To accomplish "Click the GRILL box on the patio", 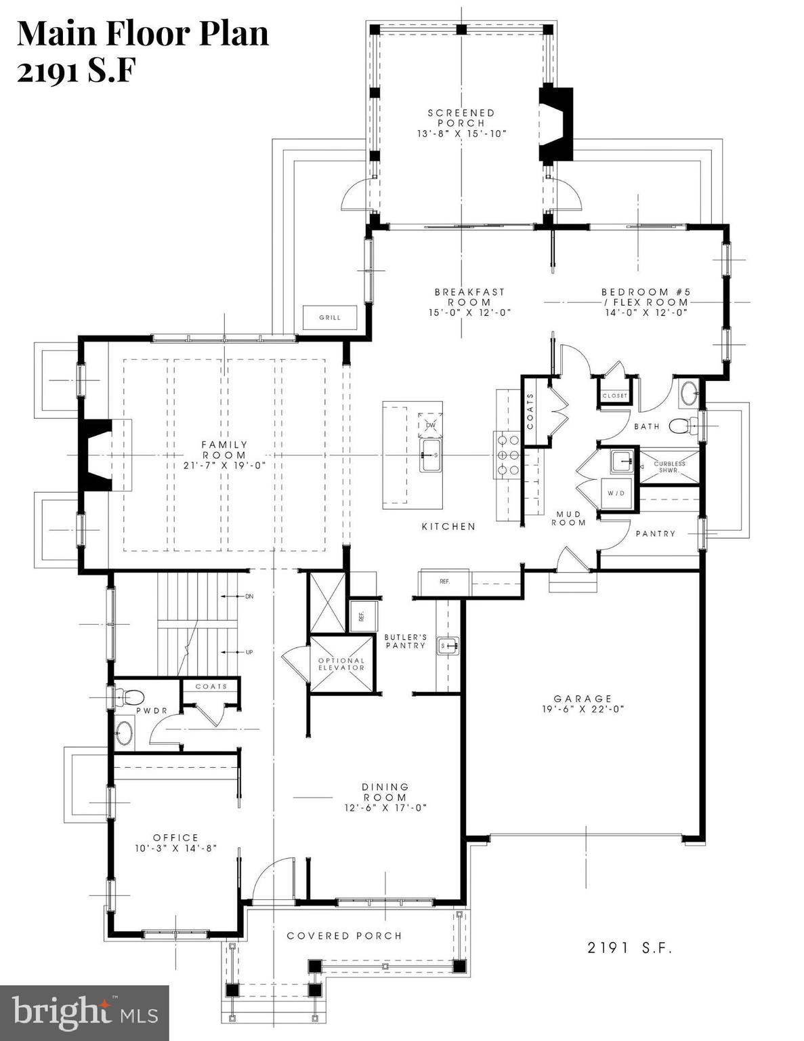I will (x=330, y=317).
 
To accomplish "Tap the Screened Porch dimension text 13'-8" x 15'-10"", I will (x=461, y=134).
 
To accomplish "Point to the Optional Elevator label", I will (x=341, y=664).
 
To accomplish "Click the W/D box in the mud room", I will (x=616, y=493).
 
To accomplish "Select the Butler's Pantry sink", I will (x=448, y=646).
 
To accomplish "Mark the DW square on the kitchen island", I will (x=431, y=425).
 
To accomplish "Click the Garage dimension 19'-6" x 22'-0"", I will (x=583, y=709).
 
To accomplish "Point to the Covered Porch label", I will (x=344, y=936).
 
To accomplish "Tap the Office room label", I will (x=175, y=838).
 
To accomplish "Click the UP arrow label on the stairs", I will (x=249, y=652).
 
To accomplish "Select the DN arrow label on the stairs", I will (x=249, y=596).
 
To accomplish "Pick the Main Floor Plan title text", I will (x=143, y=34).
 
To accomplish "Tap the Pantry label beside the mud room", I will (x=655, y=533).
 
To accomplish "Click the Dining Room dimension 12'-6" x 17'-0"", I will (x=385, y=807).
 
